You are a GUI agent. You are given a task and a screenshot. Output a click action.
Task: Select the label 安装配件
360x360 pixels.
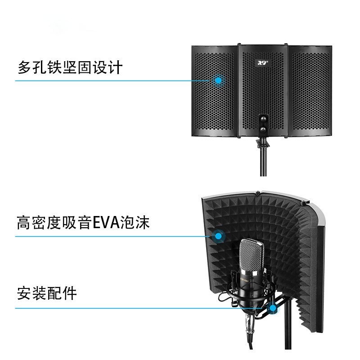(47, 293)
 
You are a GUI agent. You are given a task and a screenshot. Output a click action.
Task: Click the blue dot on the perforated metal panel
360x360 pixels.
(219, 81)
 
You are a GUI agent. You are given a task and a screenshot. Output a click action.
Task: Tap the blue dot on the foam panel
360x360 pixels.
(219, 235)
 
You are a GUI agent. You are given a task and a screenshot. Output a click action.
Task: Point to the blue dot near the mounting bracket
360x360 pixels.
(271, 309)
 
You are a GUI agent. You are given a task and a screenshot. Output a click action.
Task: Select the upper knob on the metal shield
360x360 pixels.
(263, 120)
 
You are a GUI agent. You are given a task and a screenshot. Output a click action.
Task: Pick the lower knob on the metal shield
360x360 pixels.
(263, 130)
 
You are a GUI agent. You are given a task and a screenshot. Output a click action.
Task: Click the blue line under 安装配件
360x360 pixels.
(135, 309)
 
